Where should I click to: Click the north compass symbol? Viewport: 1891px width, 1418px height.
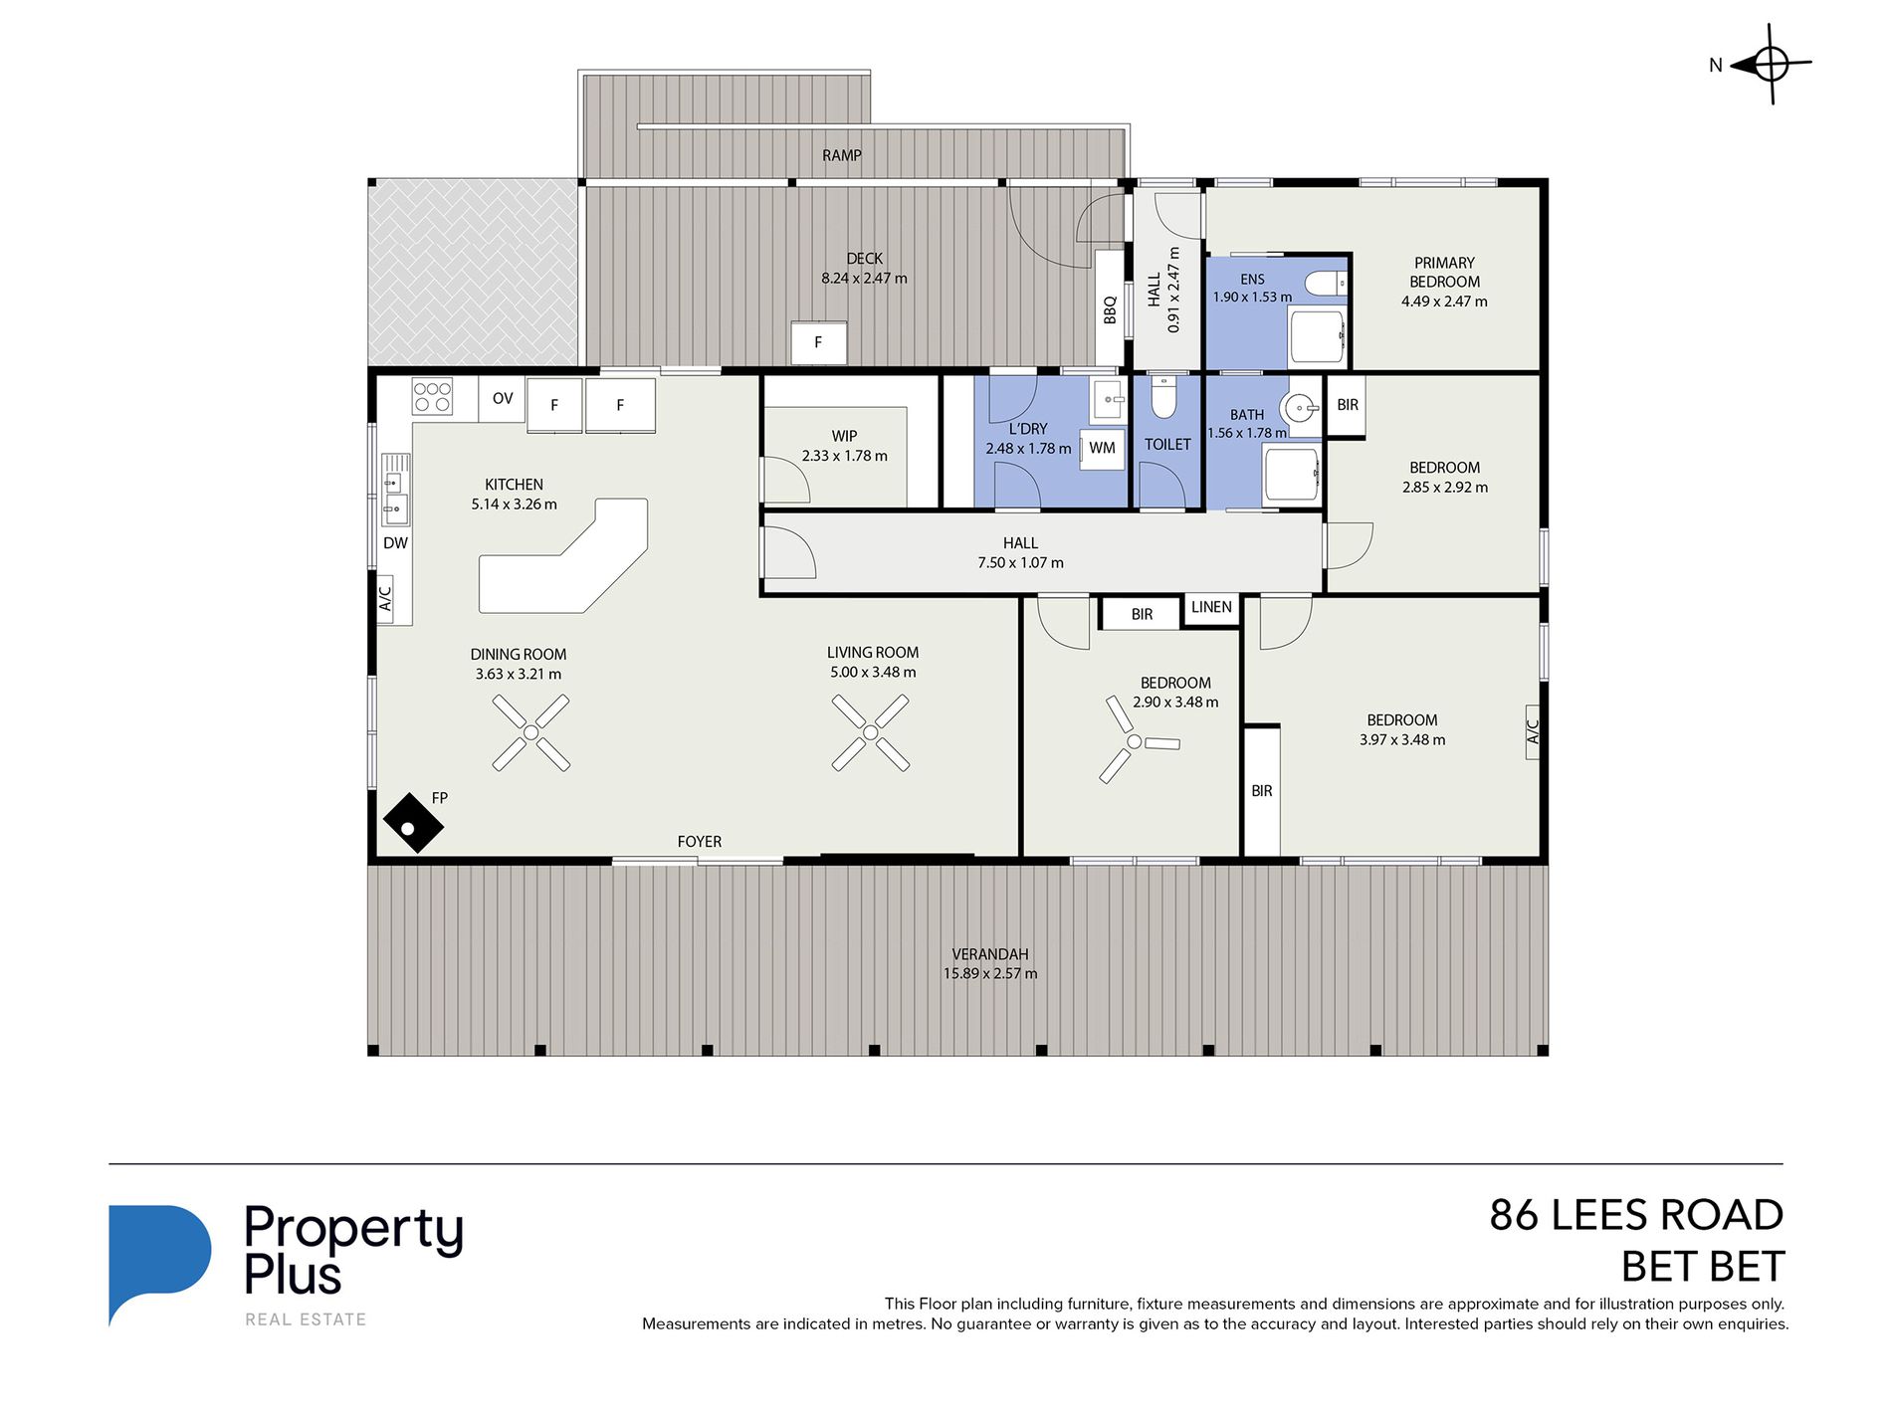(x=1771, y=65)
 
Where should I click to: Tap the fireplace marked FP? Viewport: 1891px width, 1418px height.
(x=413, y=822)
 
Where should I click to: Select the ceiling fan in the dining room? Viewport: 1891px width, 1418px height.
(x=531, y=733)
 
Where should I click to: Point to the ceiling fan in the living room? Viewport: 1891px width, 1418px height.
(x=871, y=733)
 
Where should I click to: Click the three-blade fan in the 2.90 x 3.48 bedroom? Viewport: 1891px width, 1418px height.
(x=1135, y=741)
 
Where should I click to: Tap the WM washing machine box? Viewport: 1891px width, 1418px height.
(x=1102, y=448)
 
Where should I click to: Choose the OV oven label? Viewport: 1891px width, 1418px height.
(x=503, y=398)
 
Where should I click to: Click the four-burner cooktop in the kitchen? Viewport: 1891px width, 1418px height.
(x=432, y=396)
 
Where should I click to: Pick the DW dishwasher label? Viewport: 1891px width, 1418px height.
(x=395, y=543)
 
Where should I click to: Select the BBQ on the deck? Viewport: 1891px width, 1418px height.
(x=1110, y=308)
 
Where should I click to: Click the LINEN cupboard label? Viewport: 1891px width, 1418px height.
(x=1211, y=607)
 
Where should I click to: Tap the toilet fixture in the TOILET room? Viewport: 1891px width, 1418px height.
(x=1163, y=396)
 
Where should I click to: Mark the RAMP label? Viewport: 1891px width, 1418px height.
(x=842, y=155)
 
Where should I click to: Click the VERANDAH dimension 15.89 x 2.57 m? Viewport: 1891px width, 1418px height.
(x=990, y=973)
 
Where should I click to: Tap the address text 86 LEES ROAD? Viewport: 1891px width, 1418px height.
(x=1636, y=1215)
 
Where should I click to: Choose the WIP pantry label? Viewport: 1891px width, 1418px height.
(x=844, y=436)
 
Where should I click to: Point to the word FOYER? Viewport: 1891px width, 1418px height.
(x=700, y=842)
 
